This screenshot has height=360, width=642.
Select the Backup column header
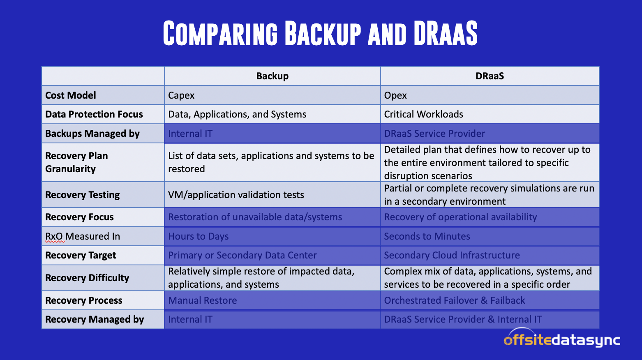pyautogui.click(x=272, y=76)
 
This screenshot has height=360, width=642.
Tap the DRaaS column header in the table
pyautogui.click(x=490, y=76)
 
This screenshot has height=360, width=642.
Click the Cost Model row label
pyautogui.click(x=71, y=95)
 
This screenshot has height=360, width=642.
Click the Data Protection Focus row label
pyautogui.click(x=94, y=114)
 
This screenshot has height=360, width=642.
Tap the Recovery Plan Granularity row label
pyautogui.click(x=76, y=162)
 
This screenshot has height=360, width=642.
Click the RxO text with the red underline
pyautogui.click(x=54, y=236)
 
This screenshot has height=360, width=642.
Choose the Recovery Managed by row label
pyautogui.click(x=95, y=319)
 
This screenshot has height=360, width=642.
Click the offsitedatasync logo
pyautogui.click(x=562, y=338)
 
